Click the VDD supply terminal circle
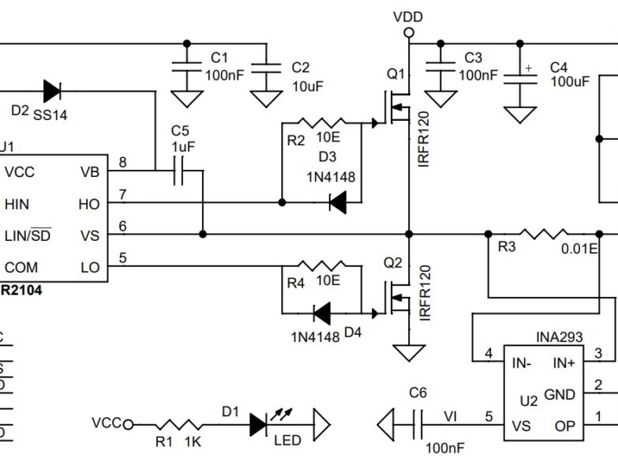[408, 32]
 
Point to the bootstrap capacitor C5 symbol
[178, 170]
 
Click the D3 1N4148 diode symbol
[337, 203]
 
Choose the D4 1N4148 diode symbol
[321, 314]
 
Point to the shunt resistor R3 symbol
[543, 234]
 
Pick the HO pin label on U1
[89, 204]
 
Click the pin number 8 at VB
[122, 163]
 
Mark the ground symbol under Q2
[408, 352]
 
